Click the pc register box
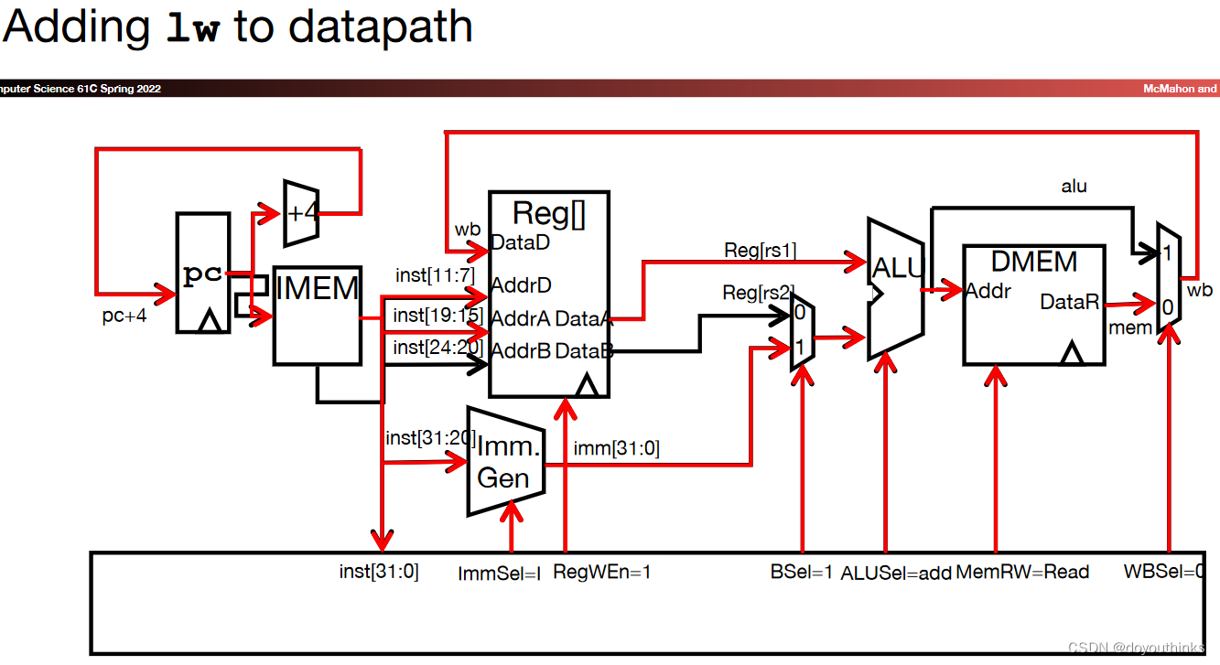202,273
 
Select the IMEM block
317,316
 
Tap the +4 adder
300,213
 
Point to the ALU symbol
894,287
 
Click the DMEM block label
1034,263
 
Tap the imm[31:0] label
616,448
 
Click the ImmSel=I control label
500,574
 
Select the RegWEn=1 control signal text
601,573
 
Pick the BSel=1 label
803,573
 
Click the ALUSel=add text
896,574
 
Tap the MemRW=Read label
1022,573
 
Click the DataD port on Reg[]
520,243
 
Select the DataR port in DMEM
1069,302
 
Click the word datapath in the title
381,27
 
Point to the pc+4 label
124,317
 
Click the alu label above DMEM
1074,187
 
